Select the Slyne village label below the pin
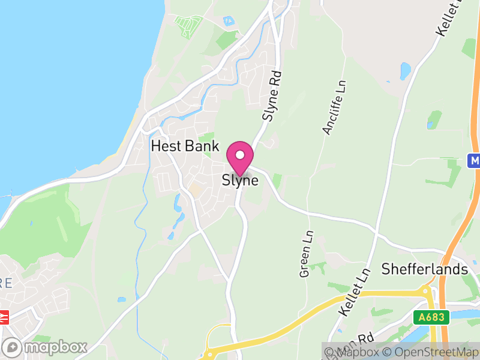point(240,180)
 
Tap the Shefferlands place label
point(425,269)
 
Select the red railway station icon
point(3,317)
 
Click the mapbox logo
point(46,347)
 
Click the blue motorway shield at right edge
point(475,160)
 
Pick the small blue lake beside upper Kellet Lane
point(406,71)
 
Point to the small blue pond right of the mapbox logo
point(122,299)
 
